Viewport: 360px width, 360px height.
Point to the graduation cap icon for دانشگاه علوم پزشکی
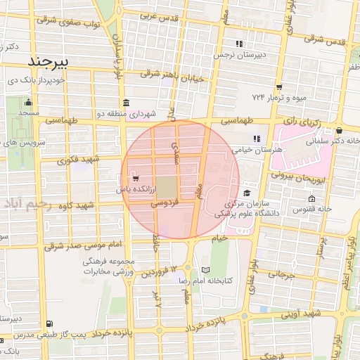(246, 193)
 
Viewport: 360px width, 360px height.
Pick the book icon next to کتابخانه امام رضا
(205, 270)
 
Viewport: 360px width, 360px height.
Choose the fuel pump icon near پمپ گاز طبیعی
(47, 324)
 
